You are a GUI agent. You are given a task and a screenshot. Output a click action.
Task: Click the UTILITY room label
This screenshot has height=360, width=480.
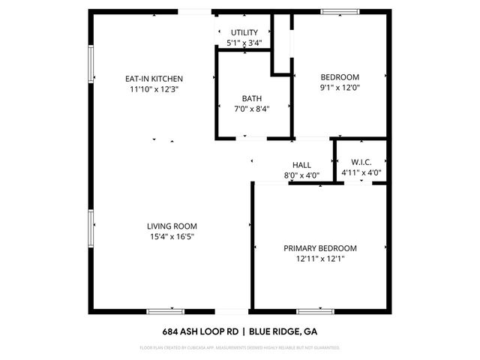coord(244,32)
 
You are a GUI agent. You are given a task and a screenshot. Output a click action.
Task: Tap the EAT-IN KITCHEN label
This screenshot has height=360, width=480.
coord(154,79)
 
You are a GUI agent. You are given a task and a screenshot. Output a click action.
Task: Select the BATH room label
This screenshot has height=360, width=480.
coord(252,98)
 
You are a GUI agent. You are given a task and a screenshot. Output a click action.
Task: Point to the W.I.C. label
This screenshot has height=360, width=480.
coord(361,163)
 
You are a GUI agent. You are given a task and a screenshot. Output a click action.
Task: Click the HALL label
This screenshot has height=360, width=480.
coord(301,166)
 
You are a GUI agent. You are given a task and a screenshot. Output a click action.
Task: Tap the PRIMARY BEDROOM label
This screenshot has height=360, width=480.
coord(319,248)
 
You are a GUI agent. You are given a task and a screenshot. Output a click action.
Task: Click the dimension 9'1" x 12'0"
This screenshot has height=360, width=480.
coord(340,87)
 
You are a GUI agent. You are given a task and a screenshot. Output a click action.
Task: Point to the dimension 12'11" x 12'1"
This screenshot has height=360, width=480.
coord(319,259)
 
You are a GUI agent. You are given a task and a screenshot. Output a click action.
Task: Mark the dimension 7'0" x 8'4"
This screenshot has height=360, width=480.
coord(252,109)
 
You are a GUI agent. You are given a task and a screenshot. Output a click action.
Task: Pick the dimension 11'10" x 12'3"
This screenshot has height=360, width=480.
coord(154,89)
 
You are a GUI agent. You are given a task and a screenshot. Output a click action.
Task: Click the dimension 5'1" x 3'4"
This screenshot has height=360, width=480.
coord(244,43)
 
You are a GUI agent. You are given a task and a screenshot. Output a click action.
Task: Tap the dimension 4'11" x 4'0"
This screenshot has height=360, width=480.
coord(361,172)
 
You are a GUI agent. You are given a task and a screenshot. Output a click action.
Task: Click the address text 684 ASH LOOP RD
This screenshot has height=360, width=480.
coord(202,331)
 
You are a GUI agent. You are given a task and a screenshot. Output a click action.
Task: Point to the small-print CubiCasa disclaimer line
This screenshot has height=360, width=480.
coord(240,348)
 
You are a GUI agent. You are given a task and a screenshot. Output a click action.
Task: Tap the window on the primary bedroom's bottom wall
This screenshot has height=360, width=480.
coord(315,310)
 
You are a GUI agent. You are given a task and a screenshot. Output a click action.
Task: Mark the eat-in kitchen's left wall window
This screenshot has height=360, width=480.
coord(91,65)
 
